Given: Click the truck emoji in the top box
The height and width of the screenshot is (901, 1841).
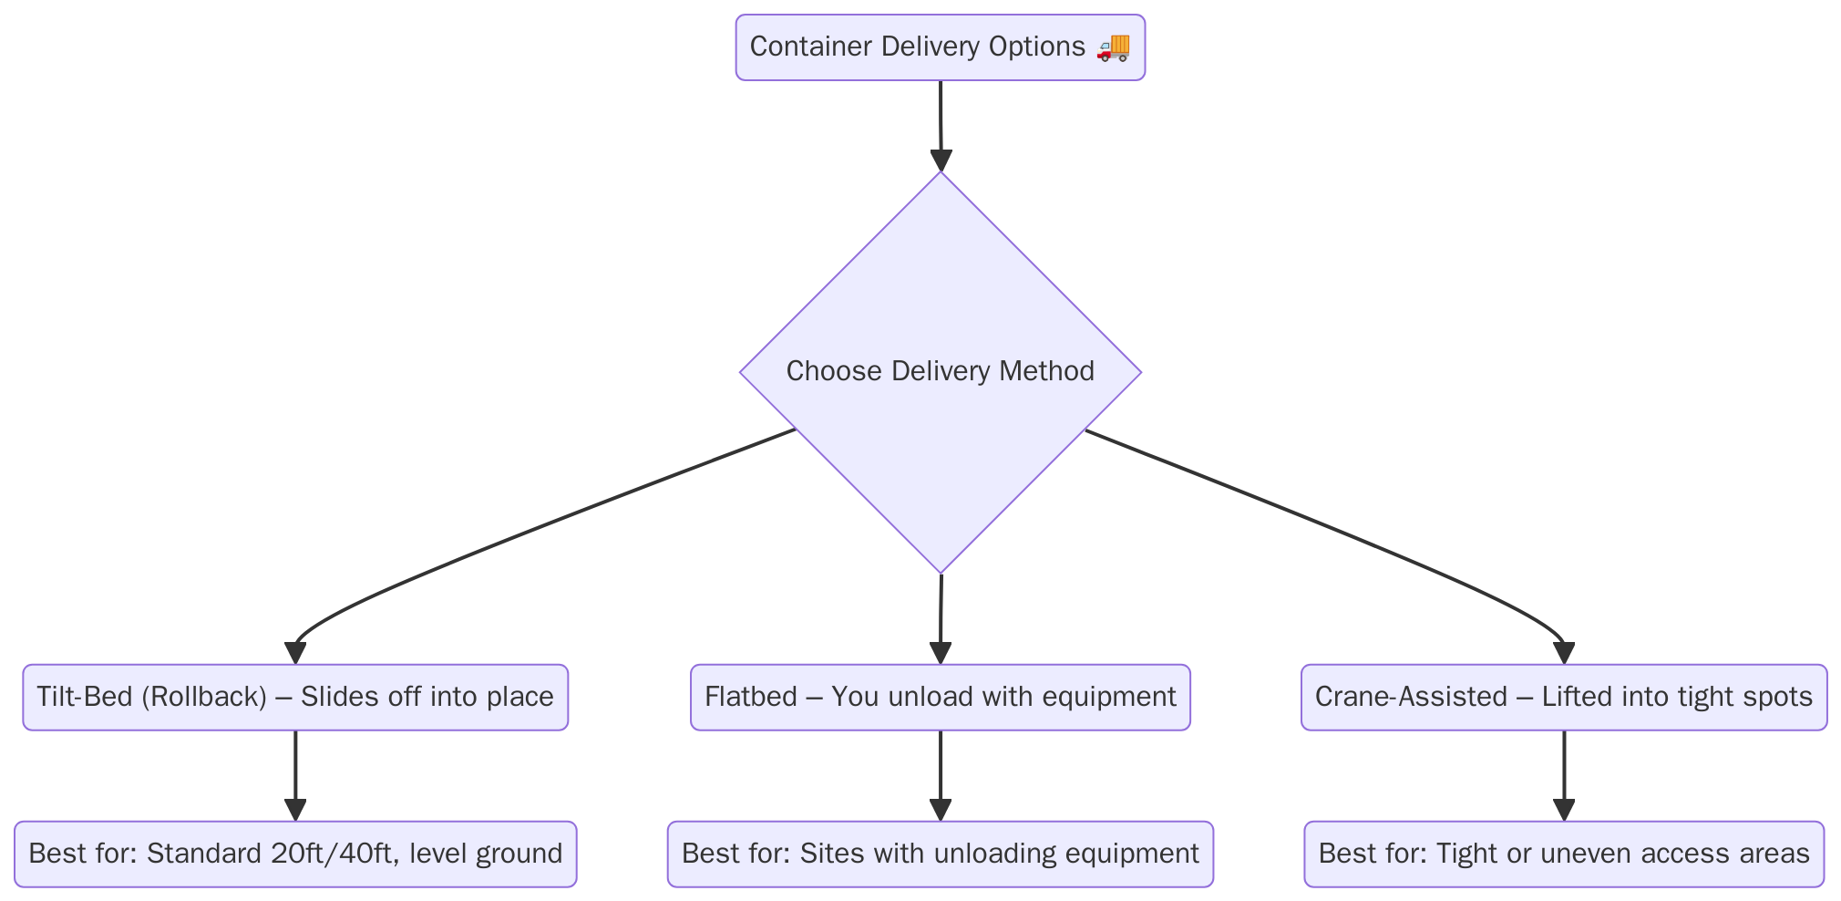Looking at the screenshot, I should coord(1113,47).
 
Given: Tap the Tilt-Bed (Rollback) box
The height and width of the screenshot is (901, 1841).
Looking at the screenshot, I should coord(294,698).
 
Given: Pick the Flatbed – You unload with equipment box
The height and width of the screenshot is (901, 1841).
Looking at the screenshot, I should coord(940,698).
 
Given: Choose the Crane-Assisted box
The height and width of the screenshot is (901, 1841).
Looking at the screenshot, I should coord(1563,698).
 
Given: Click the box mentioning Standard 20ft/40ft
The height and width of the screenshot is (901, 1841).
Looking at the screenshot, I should coord(294,854).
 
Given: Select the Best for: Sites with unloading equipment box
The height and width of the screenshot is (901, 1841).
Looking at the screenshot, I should coord(940,854).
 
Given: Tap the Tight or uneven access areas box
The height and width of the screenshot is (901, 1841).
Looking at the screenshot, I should coord(1563,854).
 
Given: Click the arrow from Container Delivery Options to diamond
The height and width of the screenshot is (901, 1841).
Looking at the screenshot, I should coord(941,123).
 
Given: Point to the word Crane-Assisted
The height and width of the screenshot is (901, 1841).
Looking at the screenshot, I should coord(1411,698).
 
